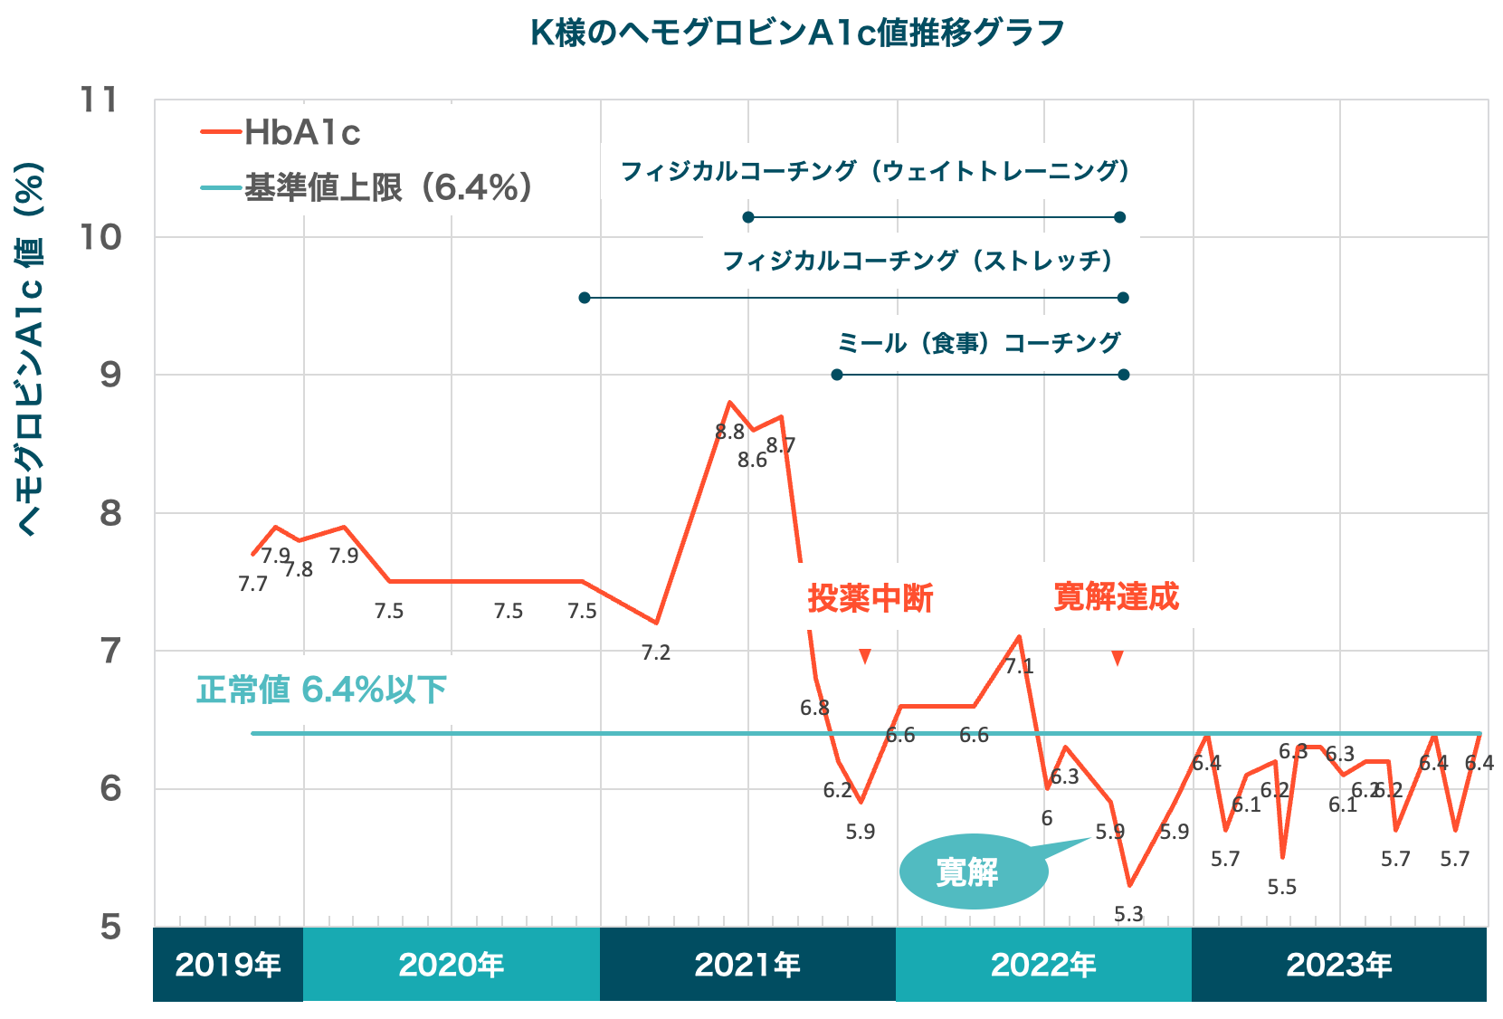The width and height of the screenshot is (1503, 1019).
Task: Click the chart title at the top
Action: coord(797,33)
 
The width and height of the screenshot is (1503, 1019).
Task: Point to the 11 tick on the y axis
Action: coord(100,100)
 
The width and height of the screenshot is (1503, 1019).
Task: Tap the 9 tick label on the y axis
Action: coord(109,375)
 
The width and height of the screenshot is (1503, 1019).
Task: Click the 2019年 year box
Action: coord(228,965)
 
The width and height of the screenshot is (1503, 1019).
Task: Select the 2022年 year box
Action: coord(1043,965)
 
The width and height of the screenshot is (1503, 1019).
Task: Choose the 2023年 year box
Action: coord(1339,965)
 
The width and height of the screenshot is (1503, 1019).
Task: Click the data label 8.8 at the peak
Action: coord(729,433)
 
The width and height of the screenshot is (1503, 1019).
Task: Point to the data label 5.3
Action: coord(1128,914)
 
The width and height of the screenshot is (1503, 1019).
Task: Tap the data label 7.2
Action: coord(655,652)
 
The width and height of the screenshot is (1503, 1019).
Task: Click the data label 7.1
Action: coord(1019,667)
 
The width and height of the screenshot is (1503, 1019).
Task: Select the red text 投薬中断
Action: coord(870,598)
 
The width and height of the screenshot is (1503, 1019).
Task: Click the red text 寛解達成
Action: coord(1117,597)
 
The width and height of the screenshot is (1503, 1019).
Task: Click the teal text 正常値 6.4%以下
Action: coord(321,690)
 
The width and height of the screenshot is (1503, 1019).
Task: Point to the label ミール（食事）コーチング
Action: coord(979,343)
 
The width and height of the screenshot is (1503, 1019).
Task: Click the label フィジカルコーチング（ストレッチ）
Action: coord(918,261)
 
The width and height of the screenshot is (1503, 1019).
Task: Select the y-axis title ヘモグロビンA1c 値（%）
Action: coord(31,348)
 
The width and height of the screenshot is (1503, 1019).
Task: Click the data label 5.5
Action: coord(1282,887)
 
